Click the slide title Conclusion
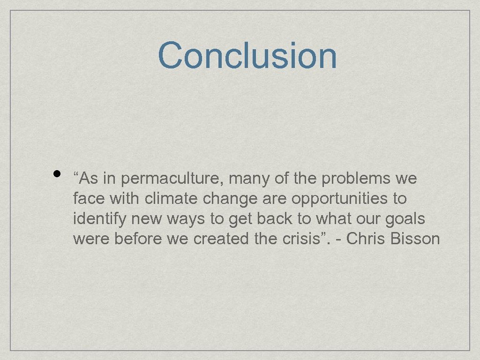247,55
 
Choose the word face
90,199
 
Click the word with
125,199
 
